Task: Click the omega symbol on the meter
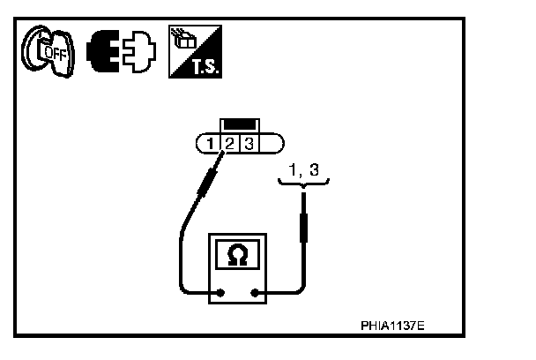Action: tap(238, 255)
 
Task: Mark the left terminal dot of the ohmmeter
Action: tap(220, 293)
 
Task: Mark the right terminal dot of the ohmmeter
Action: tap(256, 293)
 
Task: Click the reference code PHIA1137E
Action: tap(391, 325)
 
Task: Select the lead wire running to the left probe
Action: tap(181, 256)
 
